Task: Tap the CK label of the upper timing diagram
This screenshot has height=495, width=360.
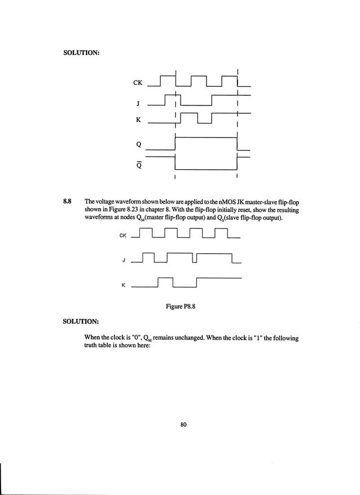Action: pos(138,83)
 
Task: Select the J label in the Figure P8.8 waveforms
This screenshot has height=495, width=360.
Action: pos(124,260)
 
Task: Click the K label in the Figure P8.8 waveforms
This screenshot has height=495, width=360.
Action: pos(124,285)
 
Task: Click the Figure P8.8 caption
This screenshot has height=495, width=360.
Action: pos(180,306)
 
